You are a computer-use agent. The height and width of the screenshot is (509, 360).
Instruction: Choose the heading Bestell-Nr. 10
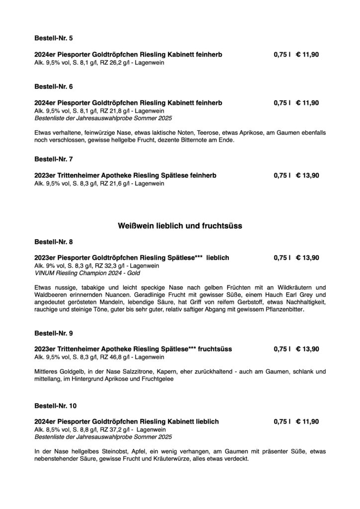(x=55, y=406)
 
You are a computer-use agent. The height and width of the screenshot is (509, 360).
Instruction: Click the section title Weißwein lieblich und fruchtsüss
(x=180, y=226)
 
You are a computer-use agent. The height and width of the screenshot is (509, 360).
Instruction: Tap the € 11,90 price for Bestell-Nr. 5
(x=307, y=54)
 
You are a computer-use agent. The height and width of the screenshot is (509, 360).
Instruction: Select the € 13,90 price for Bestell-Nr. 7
(x=307, y=175)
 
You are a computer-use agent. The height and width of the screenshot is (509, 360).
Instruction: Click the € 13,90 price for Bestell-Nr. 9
(x=307, y=349)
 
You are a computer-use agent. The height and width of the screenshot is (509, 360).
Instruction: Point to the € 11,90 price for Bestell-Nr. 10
(x=307, y=422)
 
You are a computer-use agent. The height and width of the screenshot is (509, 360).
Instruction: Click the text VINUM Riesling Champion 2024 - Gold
(x=87, y=273)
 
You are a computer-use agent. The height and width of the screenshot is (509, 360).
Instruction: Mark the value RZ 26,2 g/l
(x=106, y=63)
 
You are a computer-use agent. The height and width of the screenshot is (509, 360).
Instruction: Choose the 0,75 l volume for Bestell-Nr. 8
(x=281, y=257)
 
